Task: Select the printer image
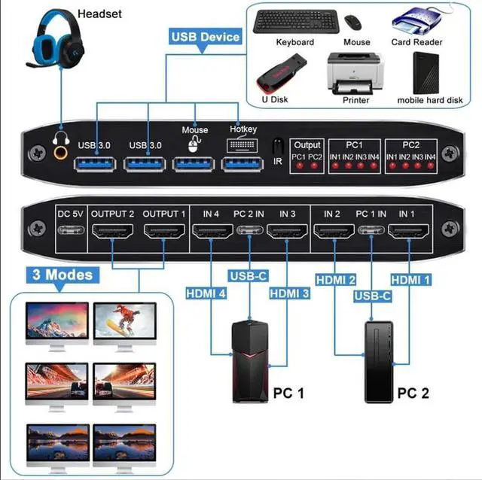click(355, 73)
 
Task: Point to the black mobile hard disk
click(429, 73)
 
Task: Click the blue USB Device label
click(205, 36)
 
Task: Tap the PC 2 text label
click(413, 393)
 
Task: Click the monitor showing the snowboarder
click(124, 322)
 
